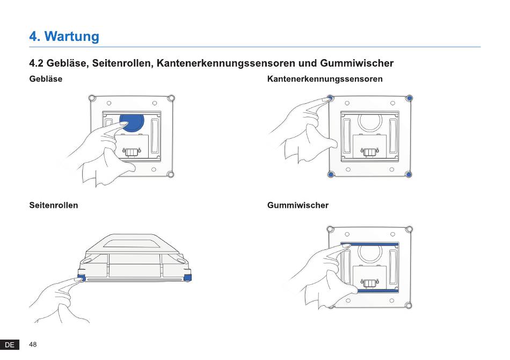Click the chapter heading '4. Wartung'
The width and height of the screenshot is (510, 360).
tap(64, 36)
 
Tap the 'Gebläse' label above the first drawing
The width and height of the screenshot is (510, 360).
tap(46, 79)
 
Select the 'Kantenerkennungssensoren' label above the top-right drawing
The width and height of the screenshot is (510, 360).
tap(325, 79)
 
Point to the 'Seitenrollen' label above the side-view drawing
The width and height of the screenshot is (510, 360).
tap(53, 205)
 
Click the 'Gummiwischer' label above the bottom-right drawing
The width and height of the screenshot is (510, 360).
tap(297, 205)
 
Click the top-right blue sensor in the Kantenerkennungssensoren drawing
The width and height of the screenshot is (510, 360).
tap(410, 98)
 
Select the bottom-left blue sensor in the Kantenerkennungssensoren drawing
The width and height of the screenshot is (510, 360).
tap(331, 175)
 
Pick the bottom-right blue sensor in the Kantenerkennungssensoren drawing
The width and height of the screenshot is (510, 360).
tap(409, 175)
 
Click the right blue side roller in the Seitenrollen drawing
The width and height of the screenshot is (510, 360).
tap(188, 278)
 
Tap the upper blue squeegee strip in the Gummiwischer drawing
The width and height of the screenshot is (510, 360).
tap(369, 244)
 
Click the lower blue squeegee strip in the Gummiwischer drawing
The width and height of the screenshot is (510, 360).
tap(377, 291)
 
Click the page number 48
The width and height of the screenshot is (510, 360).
tap(33, 344)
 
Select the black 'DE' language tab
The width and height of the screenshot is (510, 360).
tap(10, 345)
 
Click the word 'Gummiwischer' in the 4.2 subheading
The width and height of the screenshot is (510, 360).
tap(357, 63)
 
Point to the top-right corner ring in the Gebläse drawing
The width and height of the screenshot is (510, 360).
tap(171, 98)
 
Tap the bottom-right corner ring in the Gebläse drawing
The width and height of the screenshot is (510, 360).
tap(170, 175)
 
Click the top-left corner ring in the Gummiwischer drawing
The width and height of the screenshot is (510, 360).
tap(331, 229)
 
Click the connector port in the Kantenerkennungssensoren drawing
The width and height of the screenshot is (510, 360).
tap(369, 152)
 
